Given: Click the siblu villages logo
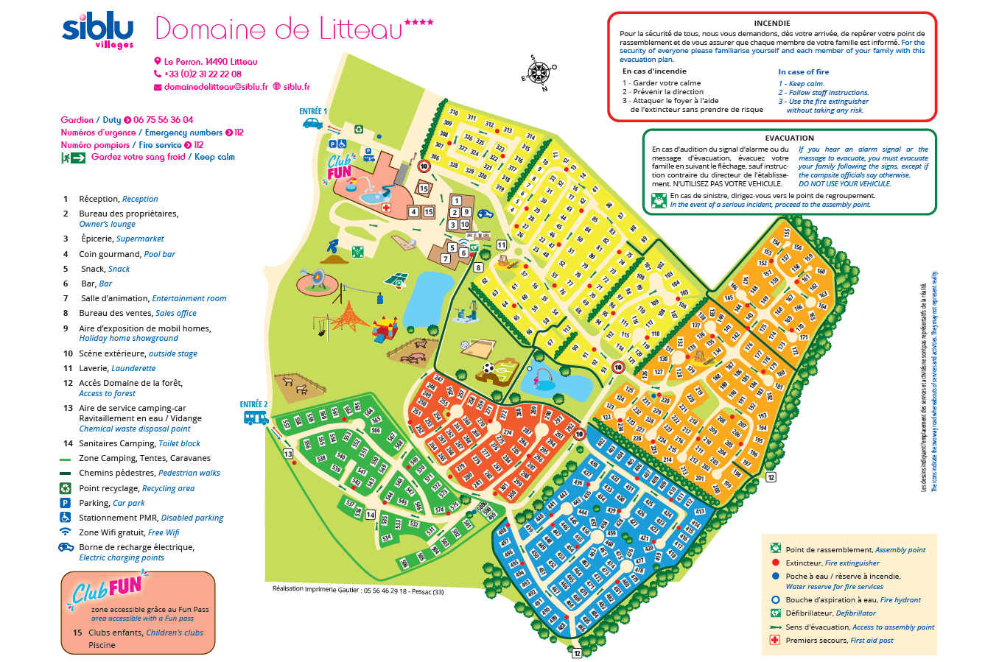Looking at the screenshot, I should click(98, 30).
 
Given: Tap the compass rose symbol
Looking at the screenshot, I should click(539, 73).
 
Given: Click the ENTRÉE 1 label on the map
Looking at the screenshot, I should click(313, 111).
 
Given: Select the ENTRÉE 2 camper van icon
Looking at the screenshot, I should click(256, 418).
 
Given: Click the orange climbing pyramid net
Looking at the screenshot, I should click(348, 317).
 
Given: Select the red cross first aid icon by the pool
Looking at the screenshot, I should click(385, 208).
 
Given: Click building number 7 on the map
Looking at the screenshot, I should click(445, 258).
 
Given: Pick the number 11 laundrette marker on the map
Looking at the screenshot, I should click(501, 245).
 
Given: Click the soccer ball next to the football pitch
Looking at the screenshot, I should click(488, 367).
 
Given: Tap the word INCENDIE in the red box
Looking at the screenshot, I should click(771, 23).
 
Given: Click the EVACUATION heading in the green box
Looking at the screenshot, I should click(789, 138).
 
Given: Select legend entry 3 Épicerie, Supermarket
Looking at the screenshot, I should click(122, 239).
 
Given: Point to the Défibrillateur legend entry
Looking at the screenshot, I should click(830, 613).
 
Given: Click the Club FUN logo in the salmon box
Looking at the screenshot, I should click(107, 589).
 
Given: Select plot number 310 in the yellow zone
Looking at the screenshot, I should click(454, 113).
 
